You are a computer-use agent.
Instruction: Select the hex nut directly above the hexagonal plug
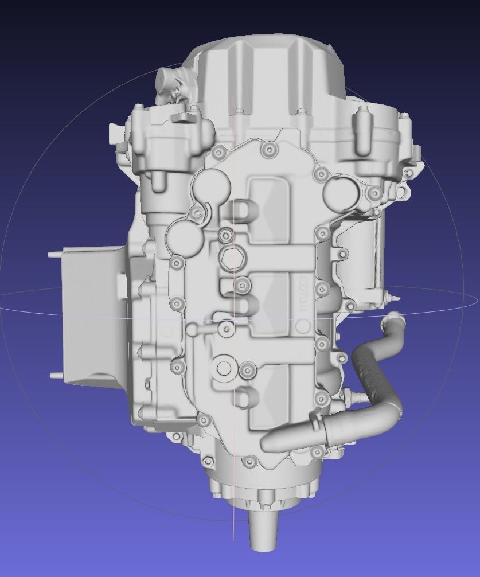(x=225, y=234)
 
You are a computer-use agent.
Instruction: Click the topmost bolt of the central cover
(x=268, y=150)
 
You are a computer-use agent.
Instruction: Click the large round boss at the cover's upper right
(x=340, y=192)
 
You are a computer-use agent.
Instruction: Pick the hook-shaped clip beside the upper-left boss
(x=201, y=213)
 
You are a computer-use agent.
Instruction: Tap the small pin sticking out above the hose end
(x=390, y=297)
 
